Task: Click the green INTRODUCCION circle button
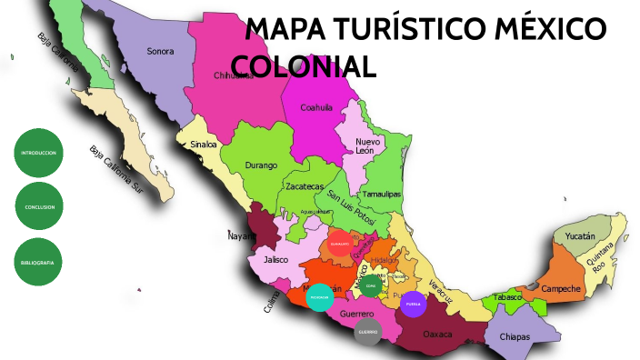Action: click(x=38, y=153)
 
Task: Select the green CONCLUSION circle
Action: click(x=38, y=207)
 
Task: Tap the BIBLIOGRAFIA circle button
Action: click(x=38, y=262)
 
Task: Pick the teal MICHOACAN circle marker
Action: click(x=319, y=297)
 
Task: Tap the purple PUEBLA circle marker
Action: click(x=413, y=304)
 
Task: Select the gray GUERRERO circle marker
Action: click(x=367, y=332)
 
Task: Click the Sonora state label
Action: click(x=160, y=51)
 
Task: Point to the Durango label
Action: click(x=260, y=165)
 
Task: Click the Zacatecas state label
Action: click(x=304, y=186)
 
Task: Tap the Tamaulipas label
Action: click(x=382, y=195)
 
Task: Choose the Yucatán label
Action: click(x=580, y=236)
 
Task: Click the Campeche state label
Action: click(x=560, y=289)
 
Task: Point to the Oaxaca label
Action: click(x=437, y=334)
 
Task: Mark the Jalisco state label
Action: click(x=275, y=259)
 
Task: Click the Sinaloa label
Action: click(x=204, y=144)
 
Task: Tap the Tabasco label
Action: click(x=508, y=297)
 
